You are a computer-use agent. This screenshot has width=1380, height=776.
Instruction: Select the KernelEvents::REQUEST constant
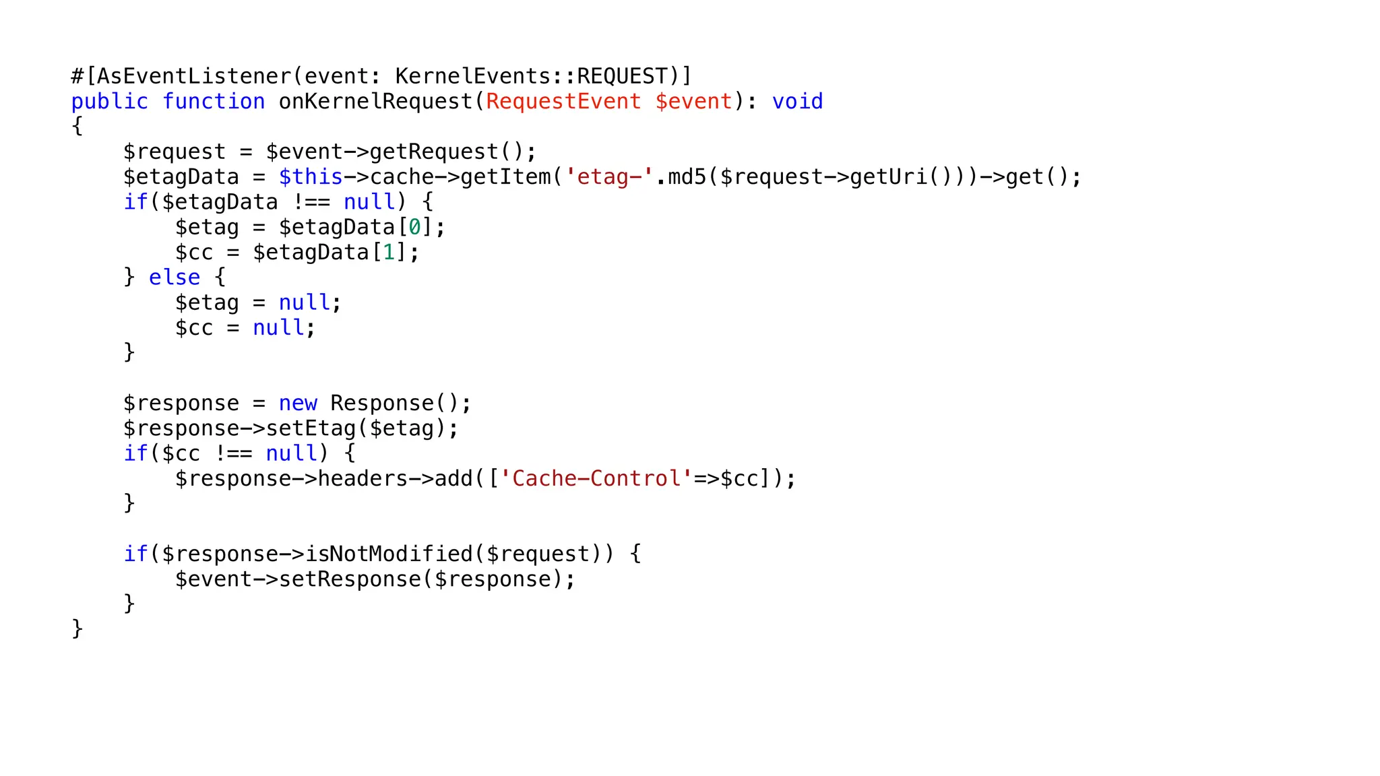(x=531, y=76)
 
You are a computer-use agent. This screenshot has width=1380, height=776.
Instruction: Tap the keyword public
(x=110, y=102)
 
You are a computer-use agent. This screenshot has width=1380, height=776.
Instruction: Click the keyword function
(x=214, y=102)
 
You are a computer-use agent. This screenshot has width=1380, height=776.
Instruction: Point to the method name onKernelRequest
(x=376, y=102)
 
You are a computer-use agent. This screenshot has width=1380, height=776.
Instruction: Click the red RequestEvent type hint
(x=563, y=102)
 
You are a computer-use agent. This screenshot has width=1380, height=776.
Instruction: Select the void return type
(x=797, y=102)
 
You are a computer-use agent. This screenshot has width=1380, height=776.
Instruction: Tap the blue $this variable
(x=311, y=177)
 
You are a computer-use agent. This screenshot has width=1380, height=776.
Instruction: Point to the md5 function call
(x=687, y=177)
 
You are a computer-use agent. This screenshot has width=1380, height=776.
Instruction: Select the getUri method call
(x=889, y=177)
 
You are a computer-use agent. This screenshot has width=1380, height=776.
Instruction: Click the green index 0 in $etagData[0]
(x=415, y=228)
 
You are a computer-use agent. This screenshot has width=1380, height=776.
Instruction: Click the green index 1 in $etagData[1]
(x=389, y=253)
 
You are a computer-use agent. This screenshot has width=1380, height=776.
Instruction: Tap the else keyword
(x=175, y=278)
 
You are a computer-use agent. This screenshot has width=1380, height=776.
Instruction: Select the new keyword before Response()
(x=298, y=403)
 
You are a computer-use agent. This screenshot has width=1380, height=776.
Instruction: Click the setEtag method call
(x=311, y=428)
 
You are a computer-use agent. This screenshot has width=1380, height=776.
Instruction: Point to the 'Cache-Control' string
(x=596, y=479)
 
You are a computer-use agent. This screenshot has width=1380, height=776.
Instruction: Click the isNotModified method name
(x=389, y=554)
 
